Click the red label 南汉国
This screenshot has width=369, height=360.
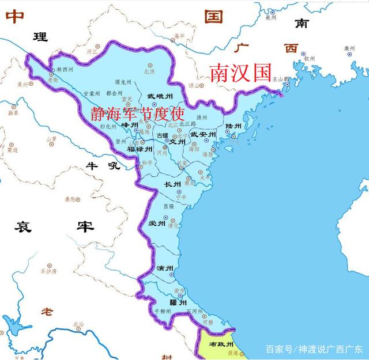tap(240, 73)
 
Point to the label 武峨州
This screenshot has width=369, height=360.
tap(159, 96)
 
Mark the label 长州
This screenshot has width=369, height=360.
tap(173, 185)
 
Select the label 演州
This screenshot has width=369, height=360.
tap(165, 269)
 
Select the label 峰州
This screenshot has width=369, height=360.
tap(130, 125)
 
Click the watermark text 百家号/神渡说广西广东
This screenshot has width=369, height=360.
tap(314, 349)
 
